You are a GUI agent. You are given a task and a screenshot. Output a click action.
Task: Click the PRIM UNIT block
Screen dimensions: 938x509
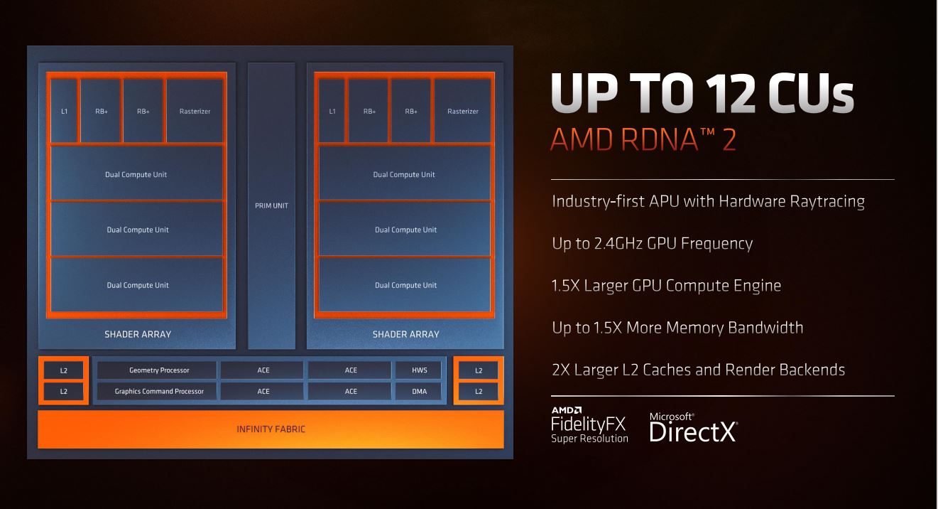pos(271,205)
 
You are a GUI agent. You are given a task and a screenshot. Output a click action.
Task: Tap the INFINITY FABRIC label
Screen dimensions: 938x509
pos(271,429)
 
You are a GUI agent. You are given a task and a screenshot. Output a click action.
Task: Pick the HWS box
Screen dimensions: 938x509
pos(418,370)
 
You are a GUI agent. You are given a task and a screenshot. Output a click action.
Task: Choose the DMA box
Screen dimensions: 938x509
pos(418,391)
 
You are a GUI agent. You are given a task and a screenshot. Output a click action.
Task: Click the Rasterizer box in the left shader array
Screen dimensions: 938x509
pos(195,111)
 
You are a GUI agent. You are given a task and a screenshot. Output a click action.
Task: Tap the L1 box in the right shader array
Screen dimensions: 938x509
pos(332,111)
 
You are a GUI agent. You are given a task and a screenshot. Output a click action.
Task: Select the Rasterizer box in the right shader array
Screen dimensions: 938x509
pos(463,111)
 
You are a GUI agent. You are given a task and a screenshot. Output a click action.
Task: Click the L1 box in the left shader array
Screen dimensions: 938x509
pos(64,111)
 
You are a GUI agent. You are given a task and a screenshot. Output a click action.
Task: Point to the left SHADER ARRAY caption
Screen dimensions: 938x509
pos(138,334)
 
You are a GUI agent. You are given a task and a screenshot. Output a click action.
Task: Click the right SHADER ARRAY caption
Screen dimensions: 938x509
pos(405,334)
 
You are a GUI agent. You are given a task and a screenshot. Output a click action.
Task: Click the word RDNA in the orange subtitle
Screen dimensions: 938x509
pos(660,139)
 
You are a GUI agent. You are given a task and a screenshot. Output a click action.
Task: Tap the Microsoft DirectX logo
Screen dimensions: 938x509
pos(694,427)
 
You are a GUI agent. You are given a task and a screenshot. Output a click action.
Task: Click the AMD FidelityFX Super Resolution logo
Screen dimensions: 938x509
pos(589,424)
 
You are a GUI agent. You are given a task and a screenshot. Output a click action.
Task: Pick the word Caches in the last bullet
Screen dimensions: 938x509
pos(666,370)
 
